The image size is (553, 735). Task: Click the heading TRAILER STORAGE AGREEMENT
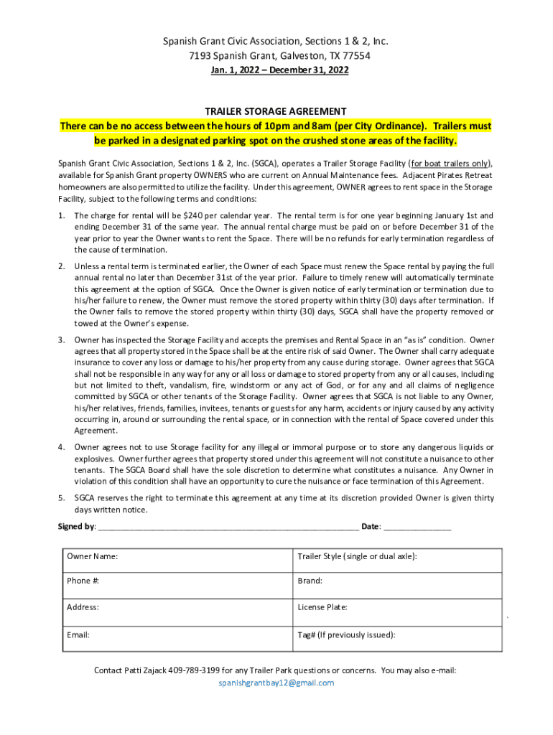point(276,111)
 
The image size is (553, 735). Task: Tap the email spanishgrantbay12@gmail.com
point(276,683)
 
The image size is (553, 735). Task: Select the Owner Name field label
point(93,556)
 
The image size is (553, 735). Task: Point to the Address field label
point(83,607)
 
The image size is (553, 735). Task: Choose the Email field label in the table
point(78,635)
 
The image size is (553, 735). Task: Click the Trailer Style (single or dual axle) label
point(357,556)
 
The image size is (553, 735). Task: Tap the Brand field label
point(310,581)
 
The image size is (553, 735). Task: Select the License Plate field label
point(322,607)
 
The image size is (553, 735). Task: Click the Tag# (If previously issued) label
point(346,635)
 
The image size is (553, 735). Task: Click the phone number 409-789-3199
point(195,670)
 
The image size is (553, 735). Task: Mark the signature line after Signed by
point(228,528)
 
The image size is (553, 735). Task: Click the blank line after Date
point(417,528)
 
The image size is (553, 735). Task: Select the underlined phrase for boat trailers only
point(450,163)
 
